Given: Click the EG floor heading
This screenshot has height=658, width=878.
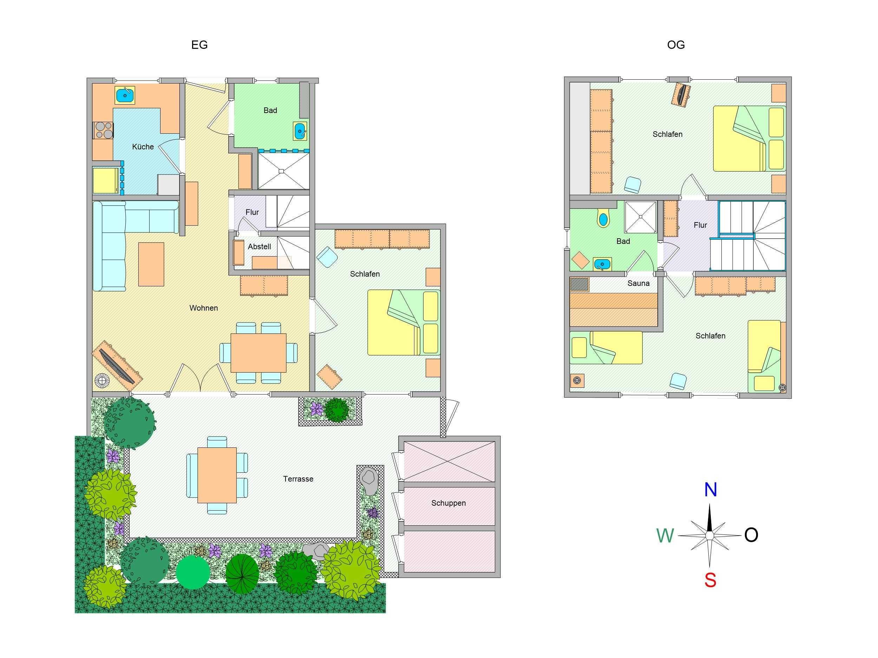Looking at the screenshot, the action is pos(199,45).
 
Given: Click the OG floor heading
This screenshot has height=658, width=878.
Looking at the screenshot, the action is pos(676,45).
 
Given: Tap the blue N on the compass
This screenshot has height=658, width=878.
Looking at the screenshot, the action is pos(710,490).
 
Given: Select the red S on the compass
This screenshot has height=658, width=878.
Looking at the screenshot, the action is pos(710,580).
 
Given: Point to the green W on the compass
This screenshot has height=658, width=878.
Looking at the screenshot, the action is pos(665,536).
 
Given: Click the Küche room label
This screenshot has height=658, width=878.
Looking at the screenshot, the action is pos(143,147).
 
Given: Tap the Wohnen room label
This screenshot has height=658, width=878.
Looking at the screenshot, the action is pos(204,308).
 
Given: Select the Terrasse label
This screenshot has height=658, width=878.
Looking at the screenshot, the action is pos(298,479).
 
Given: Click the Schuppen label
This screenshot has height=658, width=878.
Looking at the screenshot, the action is pos(448,503).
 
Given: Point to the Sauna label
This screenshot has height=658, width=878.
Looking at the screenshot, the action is pos(638,283).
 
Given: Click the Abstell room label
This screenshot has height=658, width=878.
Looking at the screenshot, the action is pos(259,246).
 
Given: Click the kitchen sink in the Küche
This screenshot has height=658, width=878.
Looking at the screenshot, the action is pos(125,95).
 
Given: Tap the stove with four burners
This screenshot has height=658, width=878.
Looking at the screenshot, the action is pos(104,130).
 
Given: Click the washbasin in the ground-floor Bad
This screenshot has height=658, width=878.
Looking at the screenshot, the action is pos(300,131).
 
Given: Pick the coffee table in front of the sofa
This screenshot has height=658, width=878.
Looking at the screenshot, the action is pos(151,264).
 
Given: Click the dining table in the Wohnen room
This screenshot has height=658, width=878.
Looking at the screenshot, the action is pos(259,353).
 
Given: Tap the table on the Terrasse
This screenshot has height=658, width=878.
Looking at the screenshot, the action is pos(217,475).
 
